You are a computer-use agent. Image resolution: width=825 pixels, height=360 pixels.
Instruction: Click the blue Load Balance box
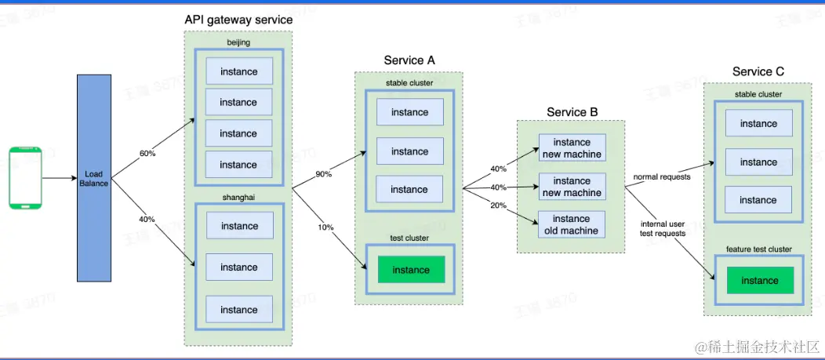tap(94, 177)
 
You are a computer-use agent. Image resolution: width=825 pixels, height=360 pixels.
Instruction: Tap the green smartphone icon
tap(24, 177)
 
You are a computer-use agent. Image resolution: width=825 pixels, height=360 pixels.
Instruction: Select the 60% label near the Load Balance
tap(147, 154)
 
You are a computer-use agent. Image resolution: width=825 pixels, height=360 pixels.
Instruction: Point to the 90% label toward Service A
tap(324, 174)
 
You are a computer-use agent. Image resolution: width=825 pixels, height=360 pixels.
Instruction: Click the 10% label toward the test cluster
tap(325, 227)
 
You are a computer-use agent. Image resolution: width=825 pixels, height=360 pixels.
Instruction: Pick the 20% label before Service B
tap(497, 205)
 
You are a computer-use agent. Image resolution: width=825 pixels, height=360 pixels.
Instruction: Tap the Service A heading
tap(409, 60)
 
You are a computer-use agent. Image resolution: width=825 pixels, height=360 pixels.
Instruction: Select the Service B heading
tap(572, 112)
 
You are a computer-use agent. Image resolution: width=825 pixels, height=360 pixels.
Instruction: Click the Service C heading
tap(758, 71)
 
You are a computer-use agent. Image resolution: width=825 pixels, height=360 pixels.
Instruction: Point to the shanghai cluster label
tap(238, 198)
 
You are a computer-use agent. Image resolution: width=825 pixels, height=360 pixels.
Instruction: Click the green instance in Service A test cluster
tap(411, 270)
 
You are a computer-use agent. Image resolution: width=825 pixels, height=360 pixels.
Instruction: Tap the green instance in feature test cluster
tap(759, 281)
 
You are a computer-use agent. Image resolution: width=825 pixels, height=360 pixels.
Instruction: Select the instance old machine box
tap(571, 224)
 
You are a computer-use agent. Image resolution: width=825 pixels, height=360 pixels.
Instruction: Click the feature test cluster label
tap(758, 249)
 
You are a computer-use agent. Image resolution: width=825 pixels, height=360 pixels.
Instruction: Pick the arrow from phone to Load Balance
tap(59, 178)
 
